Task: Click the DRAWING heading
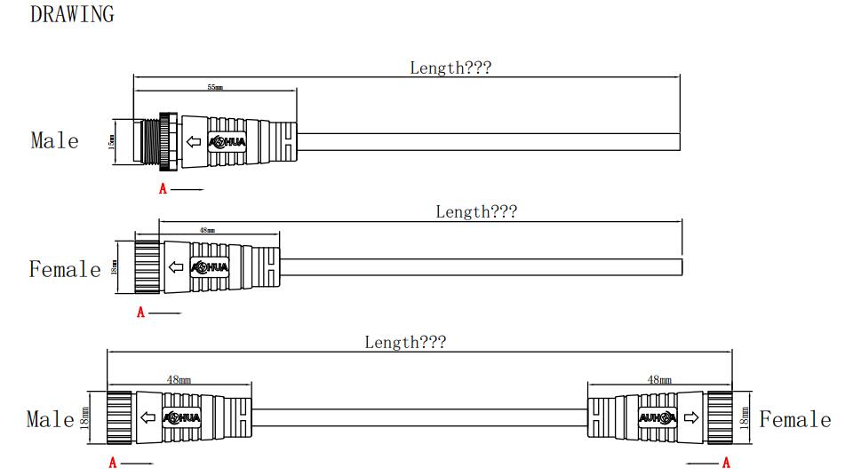pyautogui.click(x=72, y=14)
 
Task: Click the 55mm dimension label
pyautogui.click(x=215, y=88)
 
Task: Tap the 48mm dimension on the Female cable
pyautogui.click(x=206, y=230)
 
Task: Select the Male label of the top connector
pyautogui.click(x=54, y=140)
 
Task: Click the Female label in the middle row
pyautogui.click(x=65, y=269)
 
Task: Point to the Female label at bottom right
pyautogui.click(x=794, y=419)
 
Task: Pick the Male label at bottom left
pyautogui.click(x=50, y=419)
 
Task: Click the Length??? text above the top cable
pyautogui.click(x=450, y=67)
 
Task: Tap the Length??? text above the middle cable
pyautogui.click(x=475, y=211)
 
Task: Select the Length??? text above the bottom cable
pyautogui.click(x=405, y=342)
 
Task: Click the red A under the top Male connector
pyautogui.click(x=163, y=188)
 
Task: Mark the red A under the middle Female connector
pyautogui.click(x=140, y=313)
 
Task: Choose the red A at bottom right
pyautogui.click(x=726, y=462)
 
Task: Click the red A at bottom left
pyautogui.click(x=113, y=462)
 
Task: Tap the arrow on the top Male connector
pyautogui.click(x=193, y=140)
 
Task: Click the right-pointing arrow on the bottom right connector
pyautogui.click(x=691, y=417)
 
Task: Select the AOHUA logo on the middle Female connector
pyautogui.click(x=211, y=266)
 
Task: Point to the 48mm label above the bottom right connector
pyautogui.click(x=659, y=379)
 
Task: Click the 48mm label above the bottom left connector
pyautogui.click(x=179, y=379)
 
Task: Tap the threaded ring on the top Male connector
pyautogui.click(x=166, y=140)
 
